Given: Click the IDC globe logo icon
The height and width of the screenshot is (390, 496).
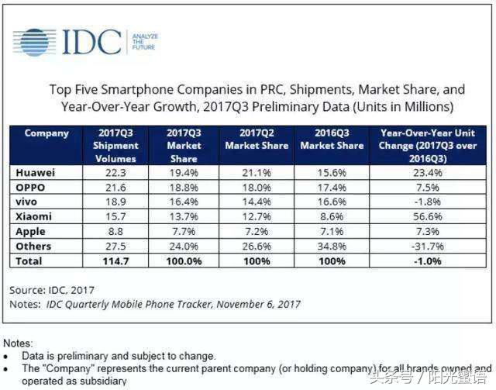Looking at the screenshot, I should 35,41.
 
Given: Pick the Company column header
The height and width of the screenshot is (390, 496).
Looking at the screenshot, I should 46,133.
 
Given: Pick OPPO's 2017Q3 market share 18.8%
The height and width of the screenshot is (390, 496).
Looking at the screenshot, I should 184,188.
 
